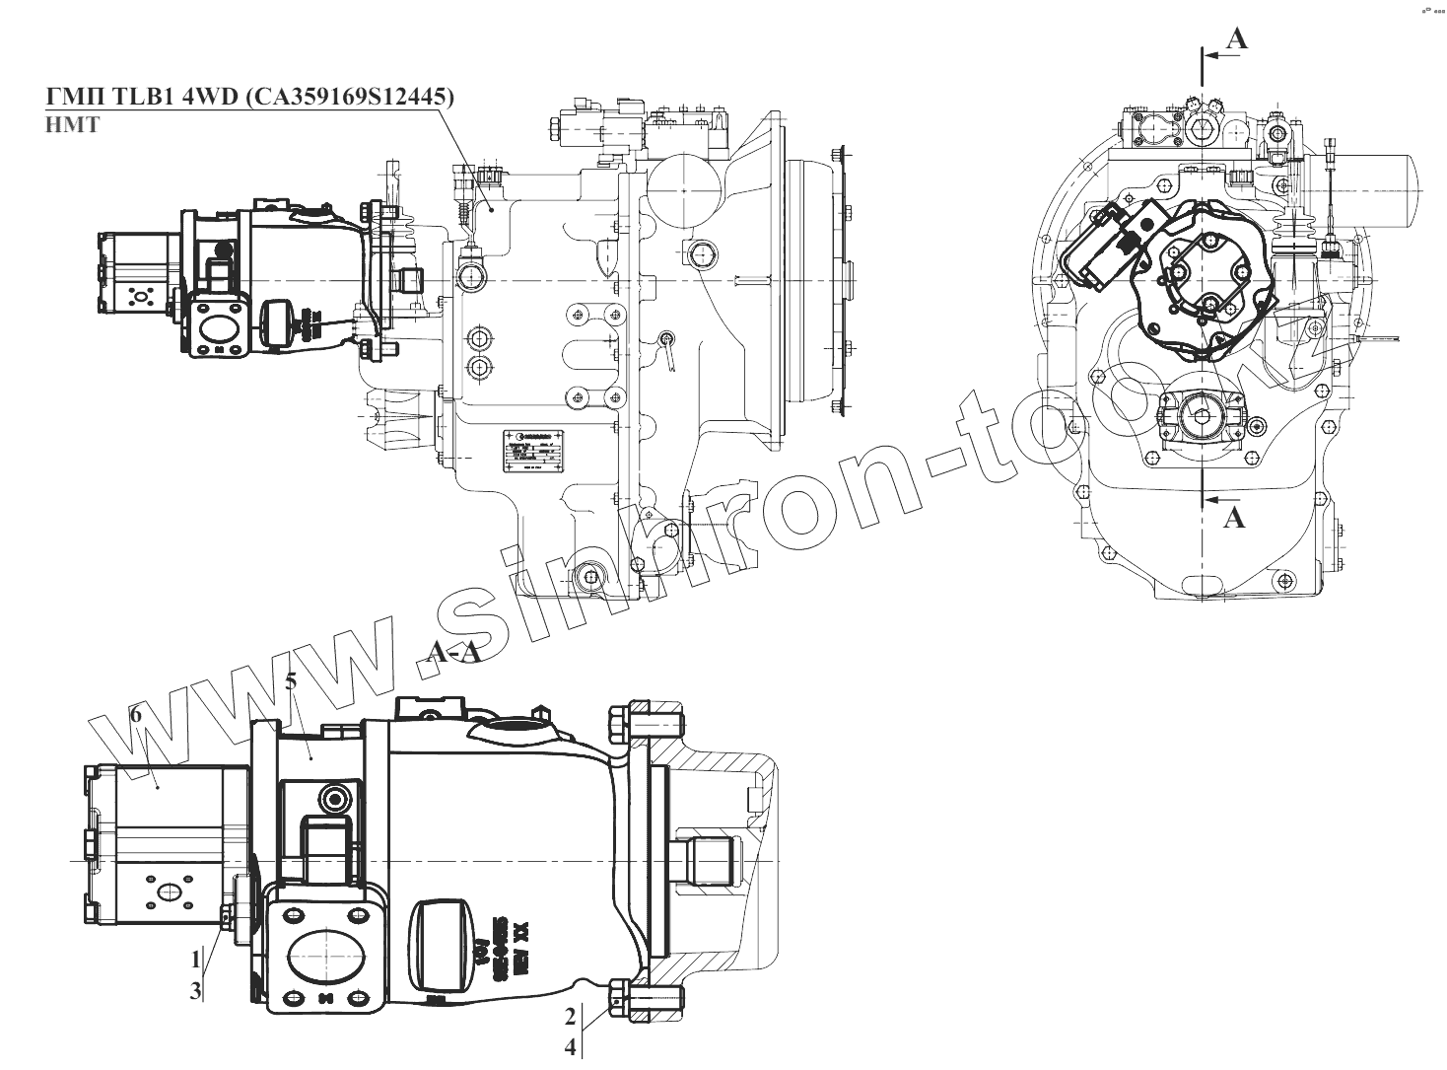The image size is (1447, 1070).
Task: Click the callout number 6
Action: (x=136, y=715)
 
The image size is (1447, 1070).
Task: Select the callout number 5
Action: (x=291, y=681)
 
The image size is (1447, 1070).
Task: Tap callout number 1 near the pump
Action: (x=196, y=959)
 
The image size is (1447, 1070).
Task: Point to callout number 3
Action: (x=196, y=989)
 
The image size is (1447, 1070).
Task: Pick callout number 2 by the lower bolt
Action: (x=571, y=1016)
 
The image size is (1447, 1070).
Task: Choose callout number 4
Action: (x=571, y=1047)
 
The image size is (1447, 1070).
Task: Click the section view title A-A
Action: (x=454, y=653)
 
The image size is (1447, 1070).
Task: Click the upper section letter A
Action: (x=1237, y=38)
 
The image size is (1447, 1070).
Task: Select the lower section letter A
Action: (x=1233, y=516)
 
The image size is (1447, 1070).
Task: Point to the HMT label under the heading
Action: (x=73, y=126)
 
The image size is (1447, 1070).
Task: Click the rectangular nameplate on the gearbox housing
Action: (x=533, y=454)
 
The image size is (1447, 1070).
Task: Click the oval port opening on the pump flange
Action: (x=326, y=953)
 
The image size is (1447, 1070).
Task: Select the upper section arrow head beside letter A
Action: (x=1214, y=56)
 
